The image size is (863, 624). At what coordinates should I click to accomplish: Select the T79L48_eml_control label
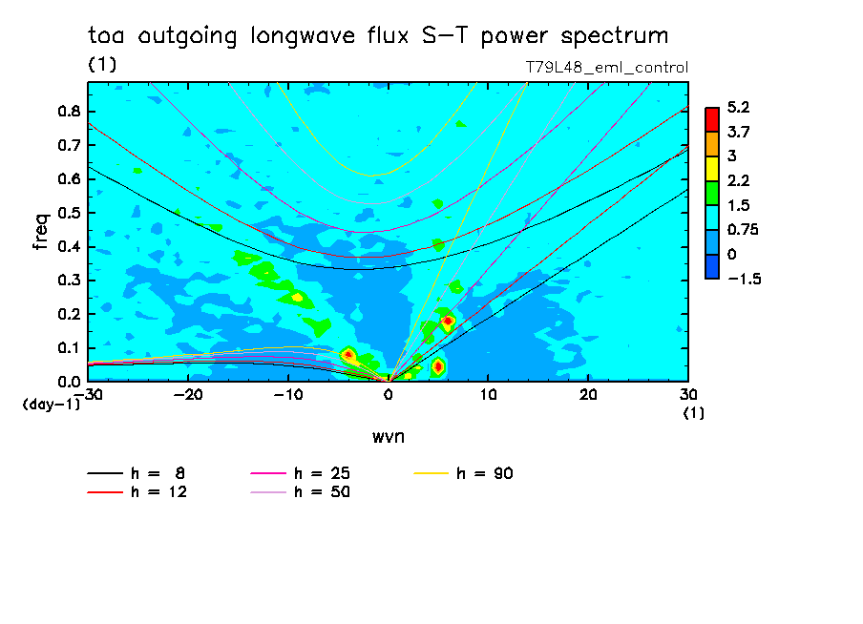pos(606,68)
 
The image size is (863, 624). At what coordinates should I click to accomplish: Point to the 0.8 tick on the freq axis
pos(70,111)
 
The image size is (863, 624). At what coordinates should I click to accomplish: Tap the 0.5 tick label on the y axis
pos(70,213)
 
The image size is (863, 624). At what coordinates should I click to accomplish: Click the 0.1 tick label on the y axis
pos(70,348)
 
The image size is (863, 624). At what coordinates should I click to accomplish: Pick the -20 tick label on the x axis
pos(188,395)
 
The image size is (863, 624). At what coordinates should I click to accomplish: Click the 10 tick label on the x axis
pos(488,395)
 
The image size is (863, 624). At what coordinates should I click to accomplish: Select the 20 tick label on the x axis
pos(588,395)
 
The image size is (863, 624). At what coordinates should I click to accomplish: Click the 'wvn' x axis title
pos(389,437)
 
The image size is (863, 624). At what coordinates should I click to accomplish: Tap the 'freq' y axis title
pos(40,232)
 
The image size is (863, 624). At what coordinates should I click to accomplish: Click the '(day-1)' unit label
pos(52,405)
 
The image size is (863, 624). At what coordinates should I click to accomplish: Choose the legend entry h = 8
pos(136,473)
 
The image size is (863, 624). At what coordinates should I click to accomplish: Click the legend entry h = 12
pos(137,492)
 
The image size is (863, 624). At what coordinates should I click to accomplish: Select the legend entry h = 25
pos(300,473)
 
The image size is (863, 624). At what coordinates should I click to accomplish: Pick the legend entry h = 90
pos(463,473)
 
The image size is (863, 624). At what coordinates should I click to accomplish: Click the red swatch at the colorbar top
pos(711,120)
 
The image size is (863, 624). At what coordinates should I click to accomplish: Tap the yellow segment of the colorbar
pos(711,169)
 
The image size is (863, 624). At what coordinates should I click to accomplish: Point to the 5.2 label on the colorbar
pos(738,107)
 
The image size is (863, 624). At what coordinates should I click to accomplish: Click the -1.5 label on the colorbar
pos(744,279)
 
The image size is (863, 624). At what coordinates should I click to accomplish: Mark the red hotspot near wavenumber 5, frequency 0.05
pos(438,366)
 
